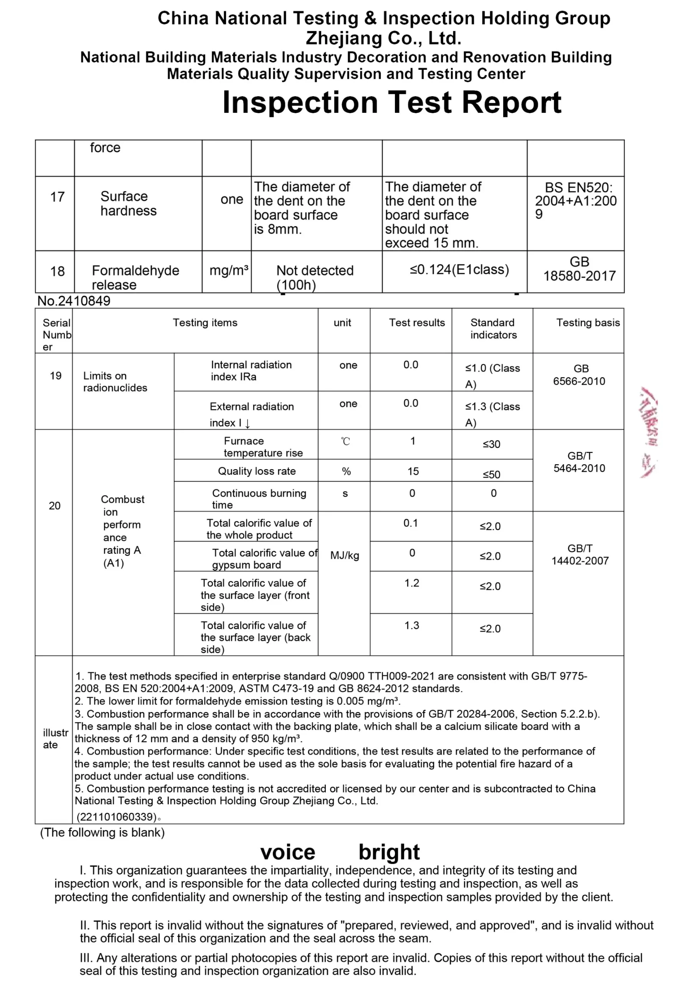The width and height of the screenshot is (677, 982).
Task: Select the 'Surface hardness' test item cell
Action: (x=128, y=204)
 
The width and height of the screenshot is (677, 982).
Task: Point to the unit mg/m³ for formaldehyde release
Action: (x=229, y=270)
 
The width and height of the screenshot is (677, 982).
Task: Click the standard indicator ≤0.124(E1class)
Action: (x=459, y=270)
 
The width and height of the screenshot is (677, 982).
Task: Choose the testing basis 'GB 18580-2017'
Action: (x=579, y=269)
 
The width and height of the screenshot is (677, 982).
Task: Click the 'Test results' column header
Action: (x=416, y=323)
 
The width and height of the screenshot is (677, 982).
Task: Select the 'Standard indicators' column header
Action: (x=493, y=329)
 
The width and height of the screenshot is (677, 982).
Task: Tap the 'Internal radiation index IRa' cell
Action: (x=251, y=371)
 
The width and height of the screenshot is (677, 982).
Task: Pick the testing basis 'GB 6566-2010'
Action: (x=579, y=375)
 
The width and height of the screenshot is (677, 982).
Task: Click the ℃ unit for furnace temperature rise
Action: (x=345, y=442)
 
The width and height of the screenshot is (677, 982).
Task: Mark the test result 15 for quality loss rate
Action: (x=413, y=471)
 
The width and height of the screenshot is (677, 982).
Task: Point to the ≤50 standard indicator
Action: (x=491, y=475)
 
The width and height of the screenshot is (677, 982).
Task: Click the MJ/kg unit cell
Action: (x=344, y=555)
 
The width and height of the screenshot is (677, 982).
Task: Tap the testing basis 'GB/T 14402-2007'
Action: (x=580, y=555)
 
